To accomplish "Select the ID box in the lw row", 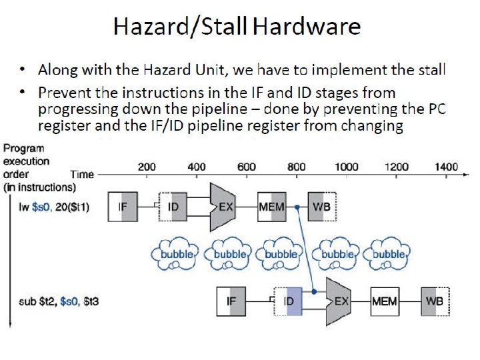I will click(x=172, y=207).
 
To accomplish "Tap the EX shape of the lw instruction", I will click(x=224, y=207).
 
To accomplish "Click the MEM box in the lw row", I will click(x=271, y=207).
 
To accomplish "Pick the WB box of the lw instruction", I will click(x=321, y=207).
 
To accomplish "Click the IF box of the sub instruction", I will click(x=231, y=301).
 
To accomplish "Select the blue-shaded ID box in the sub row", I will click(x=289, y=301).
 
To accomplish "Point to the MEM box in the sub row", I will click(x=385, y=301).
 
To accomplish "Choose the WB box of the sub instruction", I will click(x=435, y=301).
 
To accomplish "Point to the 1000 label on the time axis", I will click(x=346, y=167).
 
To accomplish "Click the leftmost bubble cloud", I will click(x=176, y=255).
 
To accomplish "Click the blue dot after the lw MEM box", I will click(x=297, y=207).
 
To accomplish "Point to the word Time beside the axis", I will click(x=82, y=174).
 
